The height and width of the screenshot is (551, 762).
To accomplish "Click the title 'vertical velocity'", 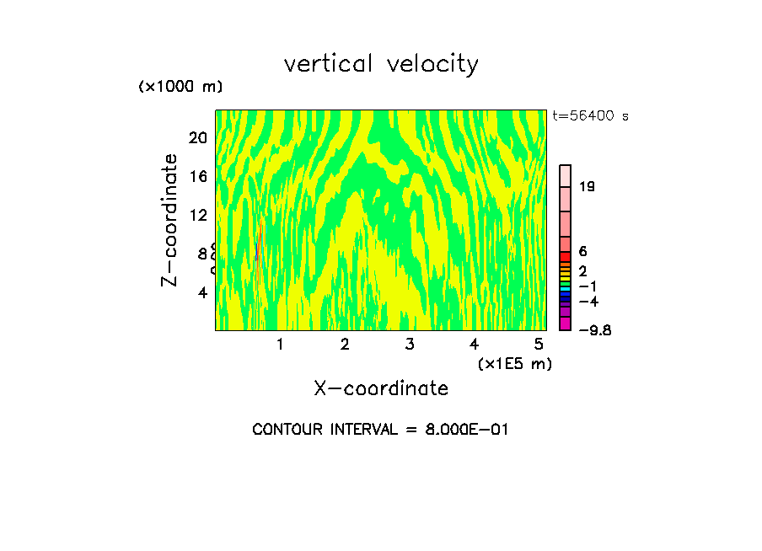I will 381,64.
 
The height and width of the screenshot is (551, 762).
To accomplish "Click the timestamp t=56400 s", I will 590,116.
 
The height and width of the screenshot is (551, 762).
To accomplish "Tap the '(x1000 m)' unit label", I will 180,88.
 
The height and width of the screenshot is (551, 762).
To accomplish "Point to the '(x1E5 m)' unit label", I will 514,363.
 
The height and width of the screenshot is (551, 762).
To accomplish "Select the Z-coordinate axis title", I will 170,220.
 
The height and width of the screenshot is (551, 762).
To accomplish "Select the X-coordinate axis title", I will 381,388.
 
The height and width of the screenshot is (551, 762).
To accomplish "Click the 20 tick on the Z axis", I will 197,137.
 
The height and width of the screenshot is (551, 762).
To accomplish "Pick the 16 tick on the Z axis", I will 197,176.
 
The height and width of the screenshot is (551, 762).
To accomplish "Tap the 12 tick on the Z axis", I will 197,215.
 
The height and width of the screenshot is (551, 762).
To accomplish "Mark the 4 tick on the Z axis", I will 202,292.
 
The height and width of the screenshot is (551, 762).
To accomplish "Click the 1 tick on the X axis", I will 279,344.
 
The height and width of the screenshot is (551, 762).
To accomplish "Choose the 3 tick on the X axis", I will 409,344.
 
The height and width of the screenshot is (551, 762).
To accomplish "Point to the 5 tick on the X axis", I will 539,344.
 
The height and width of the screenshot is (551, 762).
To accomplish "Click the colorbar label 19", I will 588,187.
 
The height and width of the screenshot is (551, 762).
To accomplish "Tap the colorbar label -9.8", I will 593,329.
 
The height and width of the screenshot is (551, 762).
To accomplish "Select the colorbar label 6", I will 582,252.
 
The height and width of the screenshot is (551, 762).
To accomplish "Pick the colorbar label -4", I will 588,301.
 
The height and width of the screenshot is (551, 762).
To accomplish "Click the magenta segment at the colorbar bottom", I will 566,324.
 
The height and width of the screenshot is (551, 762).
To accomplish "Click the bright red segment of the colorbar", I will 566,256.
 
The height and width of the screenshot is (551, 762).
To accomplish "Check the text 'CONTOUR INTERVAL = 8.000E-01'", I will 380,430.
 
